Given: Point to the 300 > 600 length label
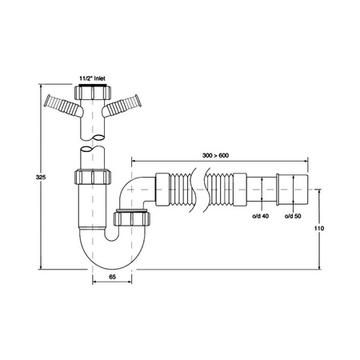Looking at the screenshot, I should click(217, 154).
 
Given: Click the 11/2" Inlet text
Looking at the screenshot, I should click(94, 78).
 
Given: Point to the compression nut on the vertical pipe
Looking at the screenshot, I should click(94, 178).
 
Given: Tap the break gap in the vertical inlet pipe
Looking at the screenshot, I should click(94, 144).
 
